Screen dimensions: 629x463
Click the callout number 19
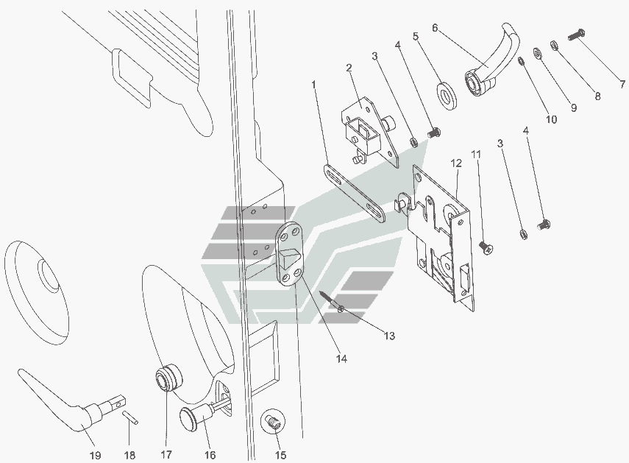tap(95, 456)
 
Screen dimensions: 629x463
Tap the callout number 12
tap(456, 163)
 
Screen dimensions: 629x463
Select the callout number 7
tap(622, 84)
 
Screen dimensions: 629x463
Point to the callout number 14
tap(341, 358)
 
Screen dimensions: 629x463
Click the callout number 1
tap(313, 85)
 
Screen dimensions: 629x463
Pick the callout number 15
tap(280, 455)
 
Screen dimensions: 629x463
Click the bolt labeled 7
tap(578, 35)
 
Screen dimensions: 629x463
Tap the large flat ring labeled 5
tap(447, 96)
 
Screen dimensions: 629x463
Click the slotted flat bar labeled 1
tap(354, 193)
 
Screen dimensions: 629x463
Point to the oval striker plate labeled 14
tap(290, 253)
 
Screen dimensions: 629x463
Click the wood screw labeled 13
tap(333, 301)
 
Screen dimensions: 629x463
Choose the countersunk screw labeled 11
tap(486, 247)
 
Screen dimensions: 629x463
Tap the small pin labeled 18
tap(130, 416)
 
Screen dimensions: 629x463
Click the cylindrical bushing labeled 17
tap(168, 378)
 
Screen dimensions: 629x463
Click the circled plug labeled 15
tap(273, 423)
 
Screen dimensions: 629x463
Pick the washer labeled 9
tap(537, 52)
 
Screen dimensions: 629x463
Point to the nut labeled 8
tap(554, 45)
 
